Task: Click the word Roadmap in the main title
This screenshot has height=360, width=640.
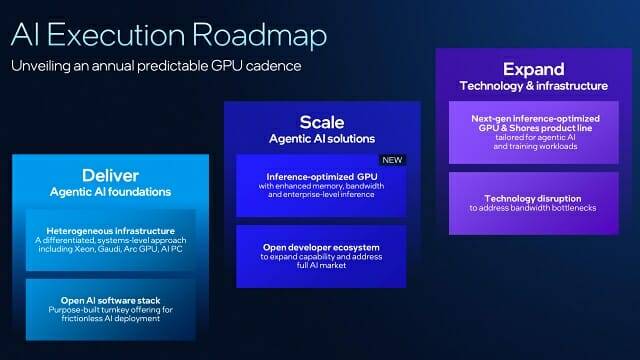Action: [x=259, y=34]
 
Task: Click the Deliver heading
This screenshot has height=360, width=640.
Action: [x=110, y=176]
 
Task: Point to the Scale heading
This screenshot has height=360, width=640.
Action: [x=322, y=122]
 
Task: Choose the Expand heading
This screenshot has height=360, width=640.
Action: [x=533, y=69]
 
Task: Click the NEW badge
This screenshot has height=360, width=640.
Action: [x=392, y=160]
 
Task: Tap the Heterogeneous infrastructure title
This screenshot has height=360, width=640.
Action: [x=110, y=231]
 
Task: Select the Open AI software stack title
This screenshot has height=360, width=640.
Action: [x=110, y=301]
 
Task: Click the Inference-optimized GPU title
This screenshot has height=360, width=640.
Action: [x=322, y=177]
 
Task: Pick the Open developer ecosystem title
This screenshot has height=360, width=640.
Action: [x=321, y=247]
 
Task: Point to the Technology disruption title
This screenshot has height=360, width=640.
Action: [x=533, y=199]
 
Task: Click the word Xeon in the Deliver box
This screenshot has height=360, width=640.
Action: [x=84, y=249]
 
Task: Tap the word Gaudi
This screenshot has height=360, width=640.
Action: [x=108, y=249]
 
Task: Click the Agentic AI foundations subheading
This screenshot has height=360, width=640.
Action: [x=110, y=192]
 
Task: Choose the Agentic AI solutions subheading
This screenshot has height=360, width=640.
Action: [x=322, y=139]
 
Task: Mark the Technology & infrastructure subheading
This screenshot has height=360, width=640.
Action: [x=533, y=86]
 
